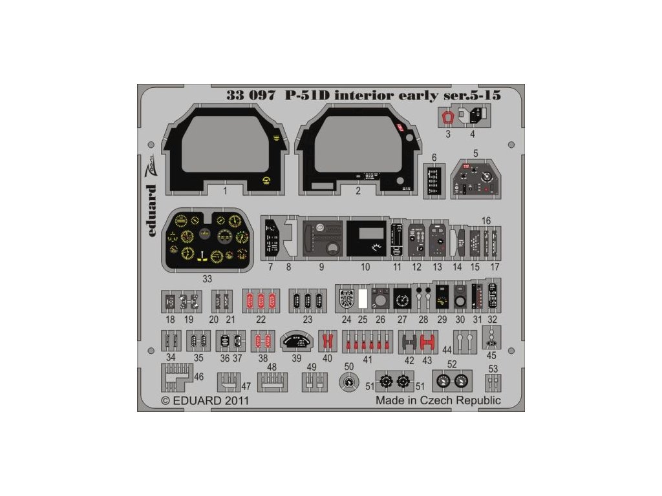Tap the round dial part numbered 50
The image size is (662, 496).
349,383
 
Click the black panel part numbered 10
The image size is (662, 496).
366,238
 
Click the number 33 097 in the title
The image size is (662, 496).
252,95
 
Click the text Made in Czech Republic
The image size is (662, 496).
438,400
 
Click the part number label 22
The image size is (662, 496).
261,320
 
